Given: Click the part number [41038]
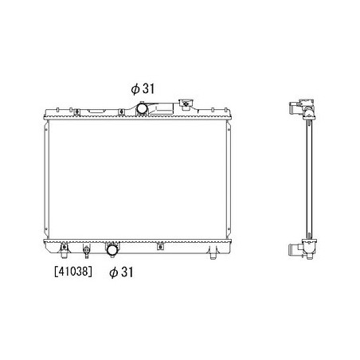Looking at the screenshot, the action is [73, 272].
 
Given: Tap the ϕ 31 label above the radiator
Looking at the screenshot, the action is [143, 88].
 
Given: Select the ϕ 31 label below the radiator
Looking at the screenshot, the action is [121, 272].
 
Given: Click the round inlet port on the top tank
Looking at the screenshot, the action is [142, 108].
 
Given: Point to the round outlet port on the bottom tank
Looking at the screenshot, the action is [112, 250].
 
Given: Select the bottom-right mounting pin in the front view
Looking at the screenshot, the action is [213, 254].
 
